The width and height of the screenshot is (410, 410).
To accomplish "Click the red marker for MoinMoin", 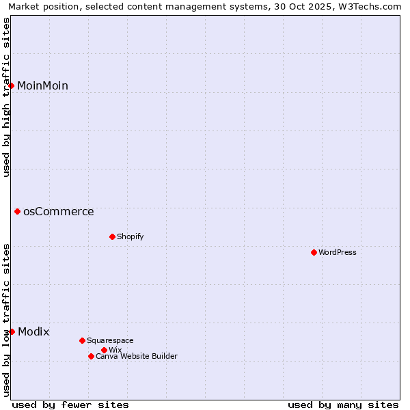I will pos(12,85).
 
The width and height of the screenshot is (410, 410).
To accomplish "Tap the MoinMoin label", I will pos(42,85).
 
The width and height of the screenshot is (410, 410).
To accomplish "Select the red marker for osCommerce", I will pos(18,212).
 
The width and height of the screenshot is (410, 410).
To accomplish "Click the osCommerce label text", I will pos(59,212).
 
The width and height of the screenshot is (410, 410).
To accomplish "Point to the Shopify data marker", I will pos(112,237).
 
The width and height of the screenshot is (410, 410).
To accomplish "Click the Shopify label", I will pos(130,237).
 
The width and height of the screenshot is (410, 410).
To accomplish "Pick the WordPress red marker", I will pos(314,253).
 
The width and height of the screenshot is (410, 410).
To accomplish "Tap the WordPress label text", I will pos(337,253).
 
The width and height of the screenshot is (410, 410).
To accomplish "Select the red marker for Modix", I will pos(12,332).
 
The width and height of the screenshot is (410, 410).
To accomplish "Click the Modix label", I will pos(33,332).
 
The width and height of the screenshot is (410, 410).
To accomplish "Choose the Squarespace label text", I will pos(110,341).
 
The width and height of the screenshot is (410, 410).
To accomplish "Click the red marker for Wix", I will pos(104,351).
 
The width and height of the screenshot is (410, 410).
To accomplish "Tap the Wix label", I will pos(115,351).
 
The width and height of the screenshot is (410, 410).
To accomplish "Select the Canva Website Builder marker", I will pos(91,357).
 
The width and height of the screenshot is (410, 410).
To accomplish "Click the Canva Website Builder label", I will pos(136,357).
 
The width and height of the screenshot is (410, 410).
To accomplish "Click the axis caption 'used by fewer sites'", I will pos(70,405).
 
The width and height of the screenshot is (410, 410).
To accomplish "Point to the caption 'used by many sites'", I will pos(343,405).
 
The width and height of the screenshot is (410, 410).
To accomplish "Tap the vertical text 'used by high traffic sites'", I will pos(6,97).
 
